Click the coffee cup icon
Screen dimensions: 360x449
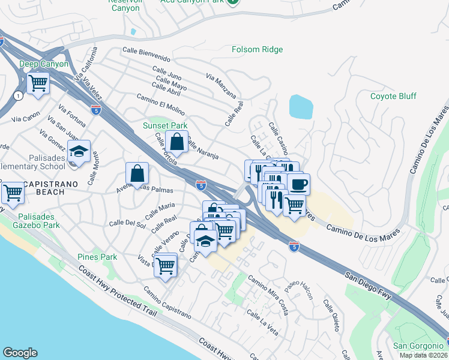(298, 183)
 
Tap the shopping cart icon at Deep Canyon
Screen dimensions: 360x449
(38, 82)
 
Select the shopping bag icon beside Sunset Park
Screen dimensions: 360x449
(177, 143)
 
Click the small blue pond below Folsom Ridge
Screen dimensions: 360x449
(301, 107)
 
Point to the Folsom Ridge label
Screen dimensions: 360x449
(258, 49)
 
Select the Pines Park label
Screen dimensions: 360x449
(97, 257)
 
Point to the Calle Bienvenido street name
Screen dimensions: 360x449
(146, 53)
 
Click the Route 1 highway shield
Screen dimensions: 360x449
(19, 95)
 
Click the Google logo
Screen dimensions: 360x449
(20, 353)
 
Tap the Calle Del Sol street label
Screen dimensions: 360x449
(127, 224)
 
